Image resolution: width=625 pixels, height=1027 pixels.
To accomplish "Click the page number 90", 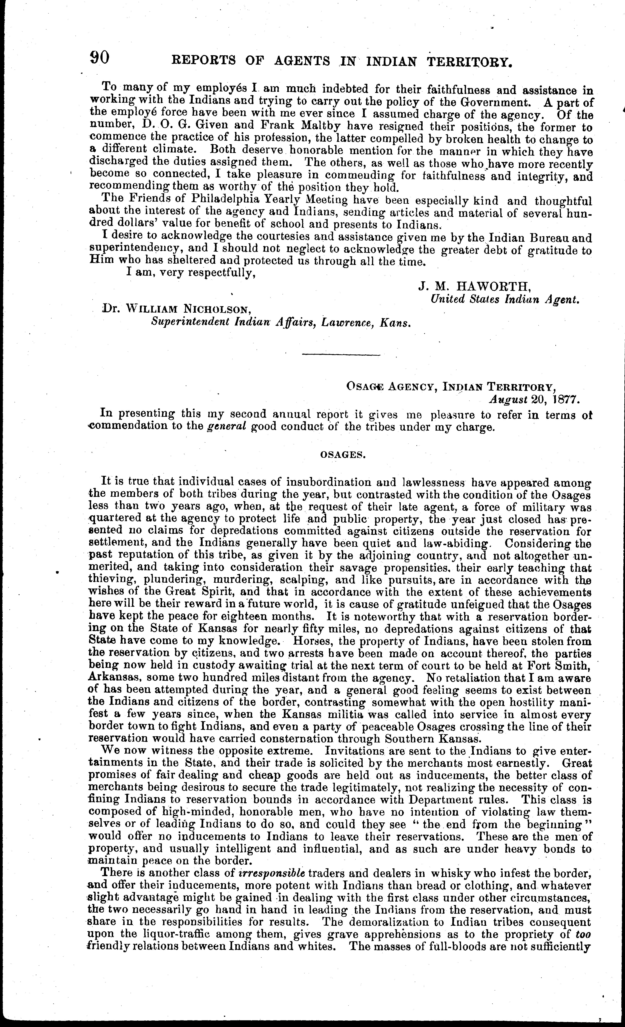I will coord(100,58).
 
